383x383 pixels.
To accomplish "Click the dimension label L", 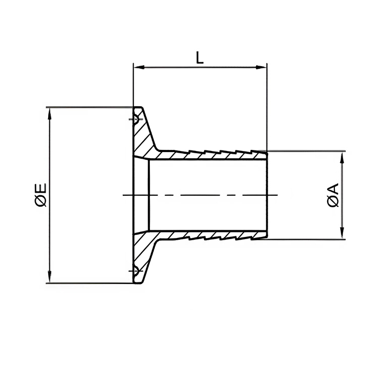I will coord(200,58).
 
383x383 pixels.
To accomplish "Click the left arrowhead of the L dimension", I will coord(137,68).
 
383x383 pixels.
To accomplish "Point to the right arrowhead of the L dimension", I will coord(263,68).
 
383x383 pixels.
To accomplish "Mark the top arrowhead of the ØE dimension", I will coord(50,111).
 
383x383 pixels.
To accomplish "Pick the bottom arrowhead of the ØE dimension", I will coord(50,279).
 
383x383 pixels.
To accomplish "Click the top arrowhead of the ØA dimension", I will coord(343,155).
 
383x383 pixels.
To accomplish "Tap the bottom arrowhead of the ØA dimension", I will coord(343,235).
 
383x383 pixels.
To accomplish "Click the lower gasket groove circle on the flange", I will coord(134,271).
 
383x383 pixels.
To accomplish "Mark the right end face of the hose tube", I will coord(266,195).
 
